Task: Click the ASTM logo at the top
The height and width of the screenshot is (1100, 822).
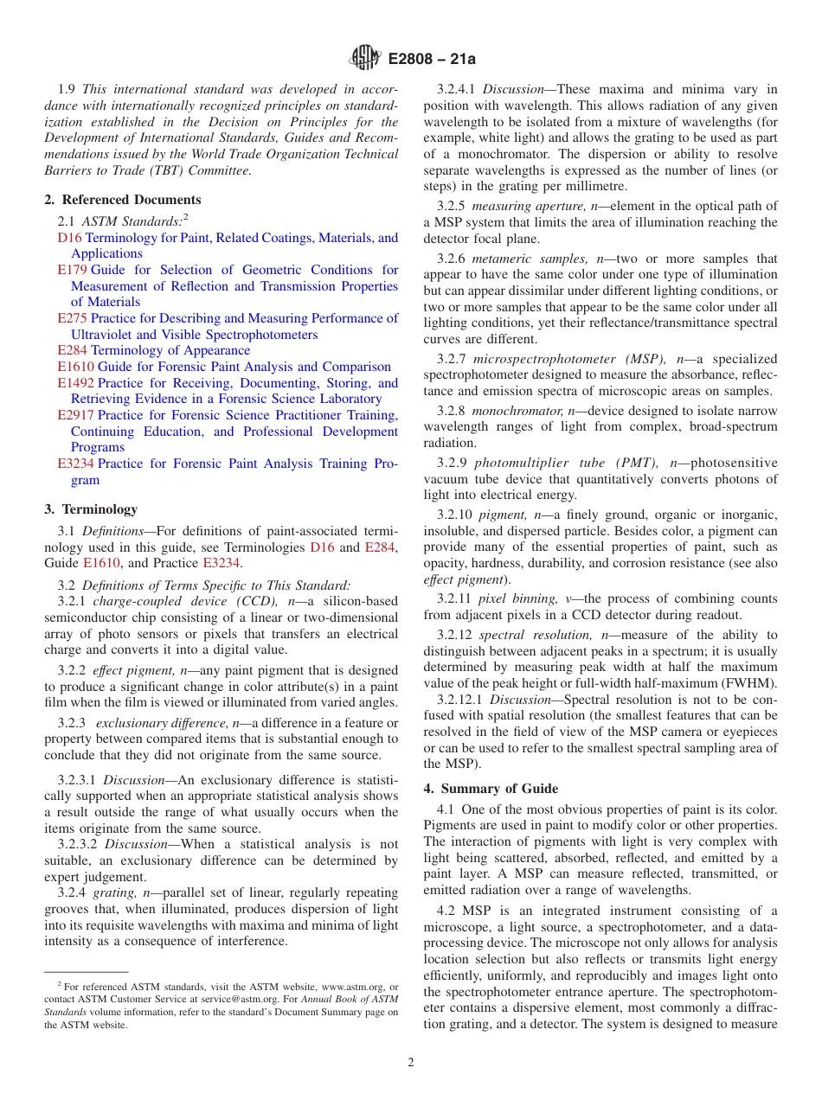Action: [364, 58]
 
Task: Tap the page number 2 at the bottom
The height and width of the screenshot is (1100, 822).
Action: [411, 1063]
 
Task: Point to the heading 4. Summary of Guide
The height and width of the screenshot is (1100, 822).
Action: [491, 788]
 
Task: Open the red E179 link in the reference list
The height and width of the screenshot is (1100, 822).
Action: [72, 270]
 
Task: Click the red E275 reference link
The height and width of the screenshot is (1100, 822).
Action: [72, 318]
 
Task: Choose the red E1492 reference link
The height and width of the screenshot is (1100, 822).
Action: [75, 383]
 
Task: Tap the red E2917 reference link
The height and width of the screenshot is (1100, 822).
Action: [75, 415]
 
